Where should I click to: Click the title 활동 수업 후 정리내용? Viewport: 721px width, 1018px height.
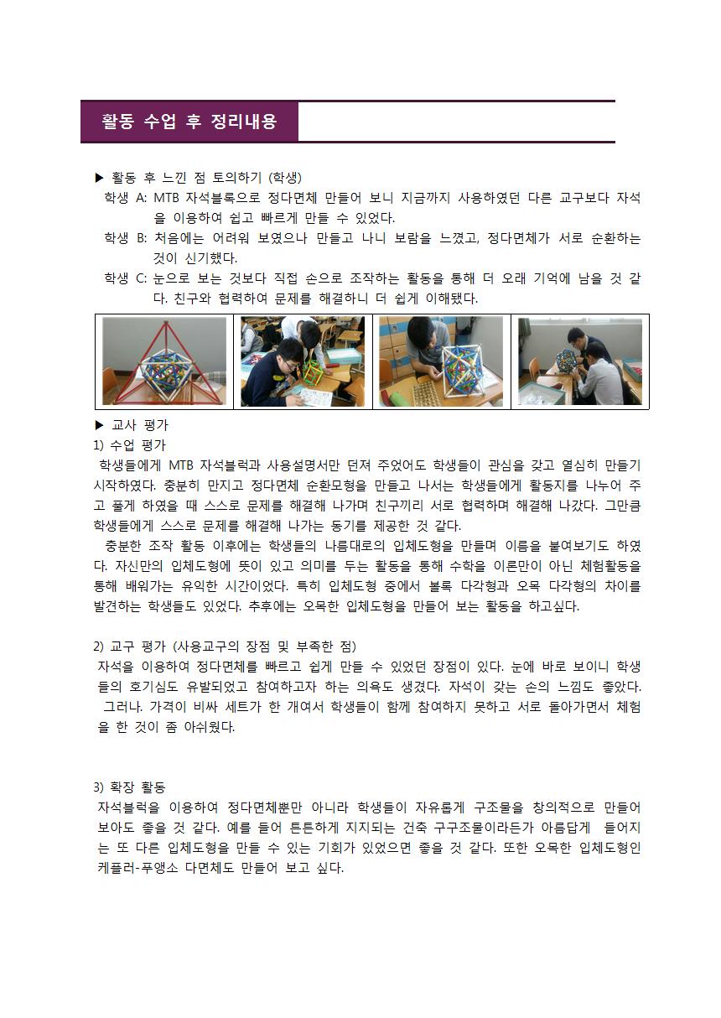point(189,122)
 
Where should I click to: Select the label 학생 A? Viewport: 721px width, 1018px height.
point(125,198)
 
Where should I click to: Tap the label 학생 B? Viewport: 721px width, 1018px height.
point(125,237)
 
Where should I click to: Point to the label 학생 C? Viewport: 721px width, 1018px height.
point(125,278)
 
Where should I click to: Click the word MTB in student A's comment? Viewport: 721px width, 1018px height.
point(167,198)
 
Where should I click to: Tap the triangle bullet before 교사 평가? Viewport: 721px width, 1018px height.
point(99,425)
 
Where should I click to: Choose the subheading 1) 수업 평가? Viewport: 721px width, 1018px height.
point(130,445)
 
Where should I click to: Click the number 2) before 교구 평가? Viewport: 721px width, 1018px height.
point(99,646)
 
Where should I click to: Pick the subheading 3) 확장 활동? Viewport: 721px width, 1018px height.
point(129,787)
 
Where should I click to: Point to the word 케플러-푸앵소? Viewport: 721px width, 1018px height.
point(137,868)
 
